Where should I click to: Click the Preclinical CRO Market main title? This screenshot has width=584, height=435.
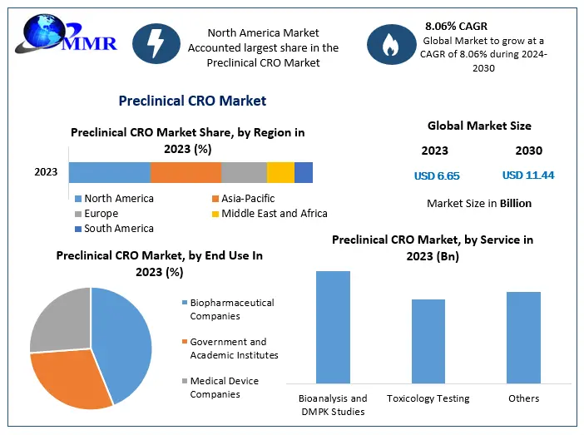tap(192, 101)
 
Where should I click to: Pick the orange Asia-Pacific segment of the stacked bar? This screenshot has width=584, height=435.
tap(186, 172)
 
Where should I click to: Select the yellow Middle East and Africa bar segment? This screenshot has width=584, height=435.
tap(280, 172)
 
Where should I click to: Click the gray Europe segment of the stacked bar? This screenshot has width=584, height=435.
tap(244, 172)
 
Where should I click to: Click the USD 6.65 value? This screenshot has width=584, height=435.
tap(437, 175)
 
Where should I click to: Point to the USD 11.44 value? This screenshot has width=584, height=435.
tap(528, 175)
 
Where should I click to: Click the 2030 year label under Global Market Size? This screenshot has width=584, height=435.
tap(528, 151)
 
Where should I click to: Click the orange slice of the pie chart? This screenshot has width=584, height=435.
tap(71, 378)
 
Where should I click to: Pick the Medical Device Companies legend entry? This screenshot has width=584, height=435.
tap(224, 388)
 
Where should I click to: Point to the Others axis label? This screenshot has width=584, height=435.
tap(524, 399)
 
